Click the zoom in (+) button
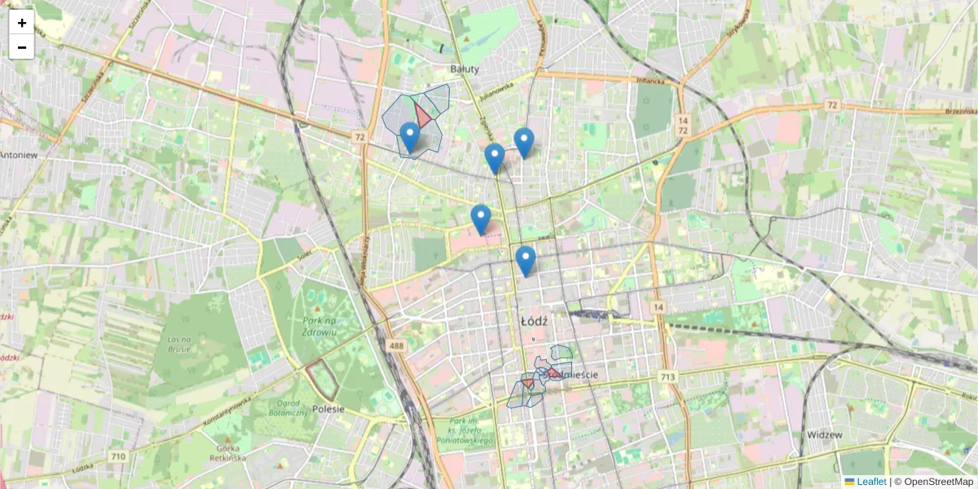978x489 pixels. click(22, 22)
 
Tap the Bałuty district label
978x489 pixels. click(465, 69)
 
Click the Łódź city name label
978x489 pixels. click(534, 321)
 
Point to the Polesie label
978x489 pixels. click(328, 408)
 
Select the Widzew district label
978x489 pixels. click(824, 434)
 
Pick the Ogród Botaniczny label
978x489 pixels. click(288, 408)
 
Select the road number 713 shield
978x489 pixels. click(668, 376)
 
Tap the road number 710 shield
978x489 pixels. click(118, 456)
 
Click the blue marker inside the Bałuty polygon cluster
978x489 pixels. click(410, 136)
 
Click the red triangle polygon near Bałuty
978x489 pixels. click(422, 114)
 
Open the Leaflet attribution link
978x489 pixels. click(870, 482)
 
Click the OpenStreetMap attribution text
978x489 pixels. click(938, 482)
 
